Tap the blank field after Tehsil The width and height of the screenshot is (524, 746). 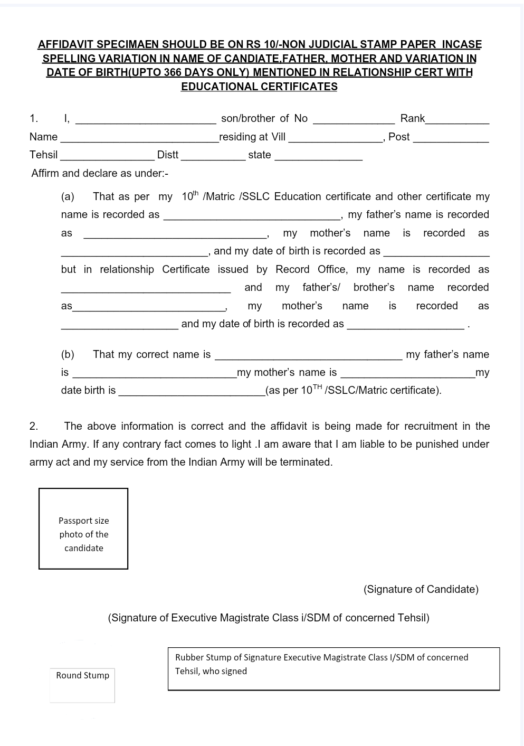coord(107,157)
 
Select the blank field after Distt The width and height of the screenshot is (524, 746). coord(213,157)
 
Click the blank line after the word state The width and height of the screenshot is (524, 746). coord(319,157)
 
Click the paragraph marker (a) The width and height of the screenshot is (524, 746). coord(68,196)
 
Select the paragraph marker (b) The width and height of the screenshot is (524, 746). coord(68,354)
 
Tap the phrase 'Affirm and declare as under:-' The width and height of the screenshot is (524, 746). coord(100,173)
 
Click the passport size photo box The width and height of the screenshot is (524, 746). coord(83,528)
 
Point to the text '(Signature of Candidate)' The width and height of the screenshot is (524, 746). coord(421,589)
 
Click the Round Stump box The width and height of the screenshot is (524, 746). coord(82,685)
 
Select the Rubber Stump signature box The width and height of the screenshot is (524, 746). coord(334,668)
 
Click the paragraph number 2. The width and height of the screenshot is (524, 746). coord(33,426)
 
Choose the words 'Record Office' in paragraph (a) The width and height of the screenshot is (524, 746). coord(310,269)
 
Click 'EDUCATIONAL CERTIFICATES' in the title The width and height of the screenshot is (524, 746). coord(259,87)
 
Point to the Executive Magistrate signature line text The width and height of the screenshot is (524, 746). coord(269,618)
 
